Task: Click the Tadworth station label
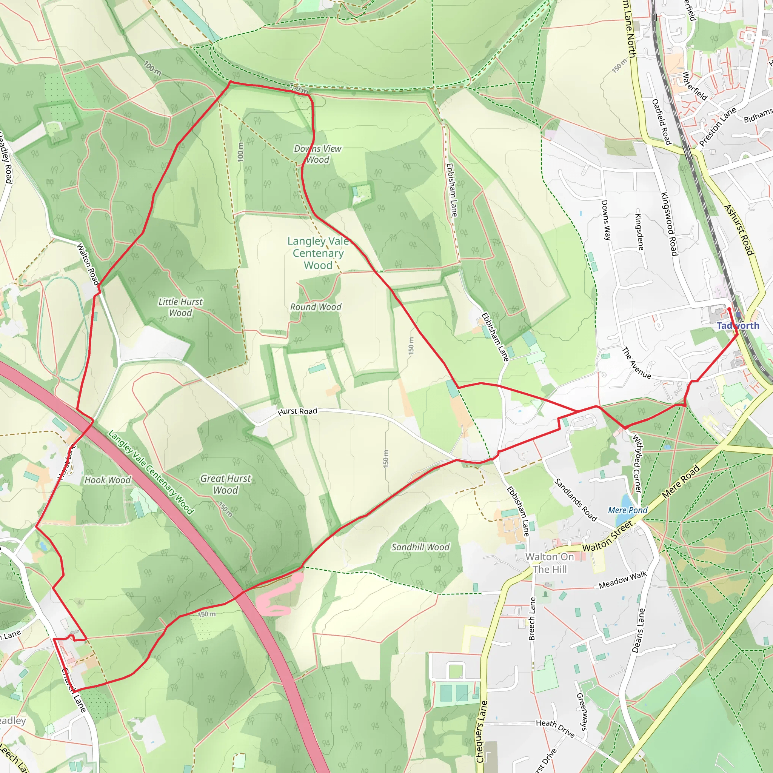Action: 738,326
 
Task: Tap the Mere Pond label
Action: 627,510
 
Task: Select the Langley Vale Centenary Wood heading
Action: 318,253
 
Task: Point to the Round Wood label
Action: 316,307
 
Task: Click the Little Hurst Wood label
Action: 180,307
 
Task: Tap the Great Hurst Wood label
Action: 226,484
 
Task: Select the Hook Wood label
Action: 107,480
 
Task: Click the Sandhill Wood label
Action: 420,547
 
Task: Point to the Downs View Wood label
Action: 318,154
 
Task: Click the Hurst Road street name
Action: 297,411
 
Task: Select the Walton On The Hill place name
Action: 550,563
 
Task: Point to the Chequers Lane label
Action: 481,732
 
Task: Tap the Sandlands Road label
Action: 575,500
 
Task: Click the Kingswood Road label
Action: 668,224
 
